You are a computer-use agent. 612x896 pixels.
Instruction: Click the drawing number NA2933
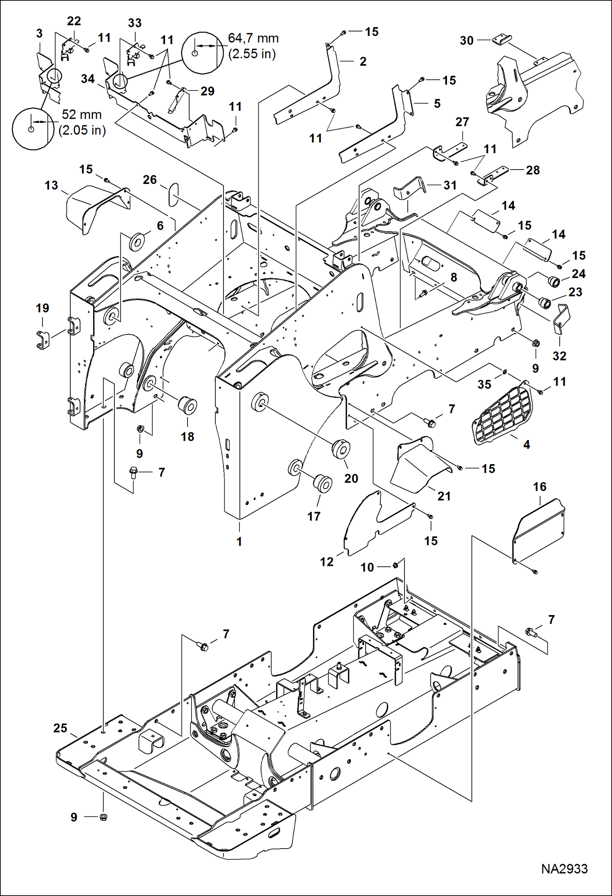[x=564, y=868]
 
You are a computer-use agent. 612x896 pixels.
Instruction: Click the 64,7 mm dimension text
[x=253, y=38]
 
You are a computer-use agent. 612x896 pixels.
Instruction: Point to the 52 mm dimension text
[x=81, y=115]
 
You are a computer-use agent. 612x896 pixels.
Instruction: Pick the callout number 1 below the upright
[x=239, y=541]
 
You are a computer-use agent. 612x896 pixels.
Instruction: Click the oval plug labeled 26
[x=173, y=194]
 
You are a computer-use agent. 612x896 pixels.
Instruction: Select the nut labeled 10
[x=395, y=565]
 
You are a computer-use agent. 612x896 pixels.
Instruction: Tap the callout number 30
[x=466, y=40]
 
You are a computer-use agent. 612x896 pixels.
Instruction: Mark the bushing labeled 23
[x=545, y=303]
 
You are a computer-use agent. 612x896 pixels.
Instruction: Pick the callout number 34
[x=87, y=79]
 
